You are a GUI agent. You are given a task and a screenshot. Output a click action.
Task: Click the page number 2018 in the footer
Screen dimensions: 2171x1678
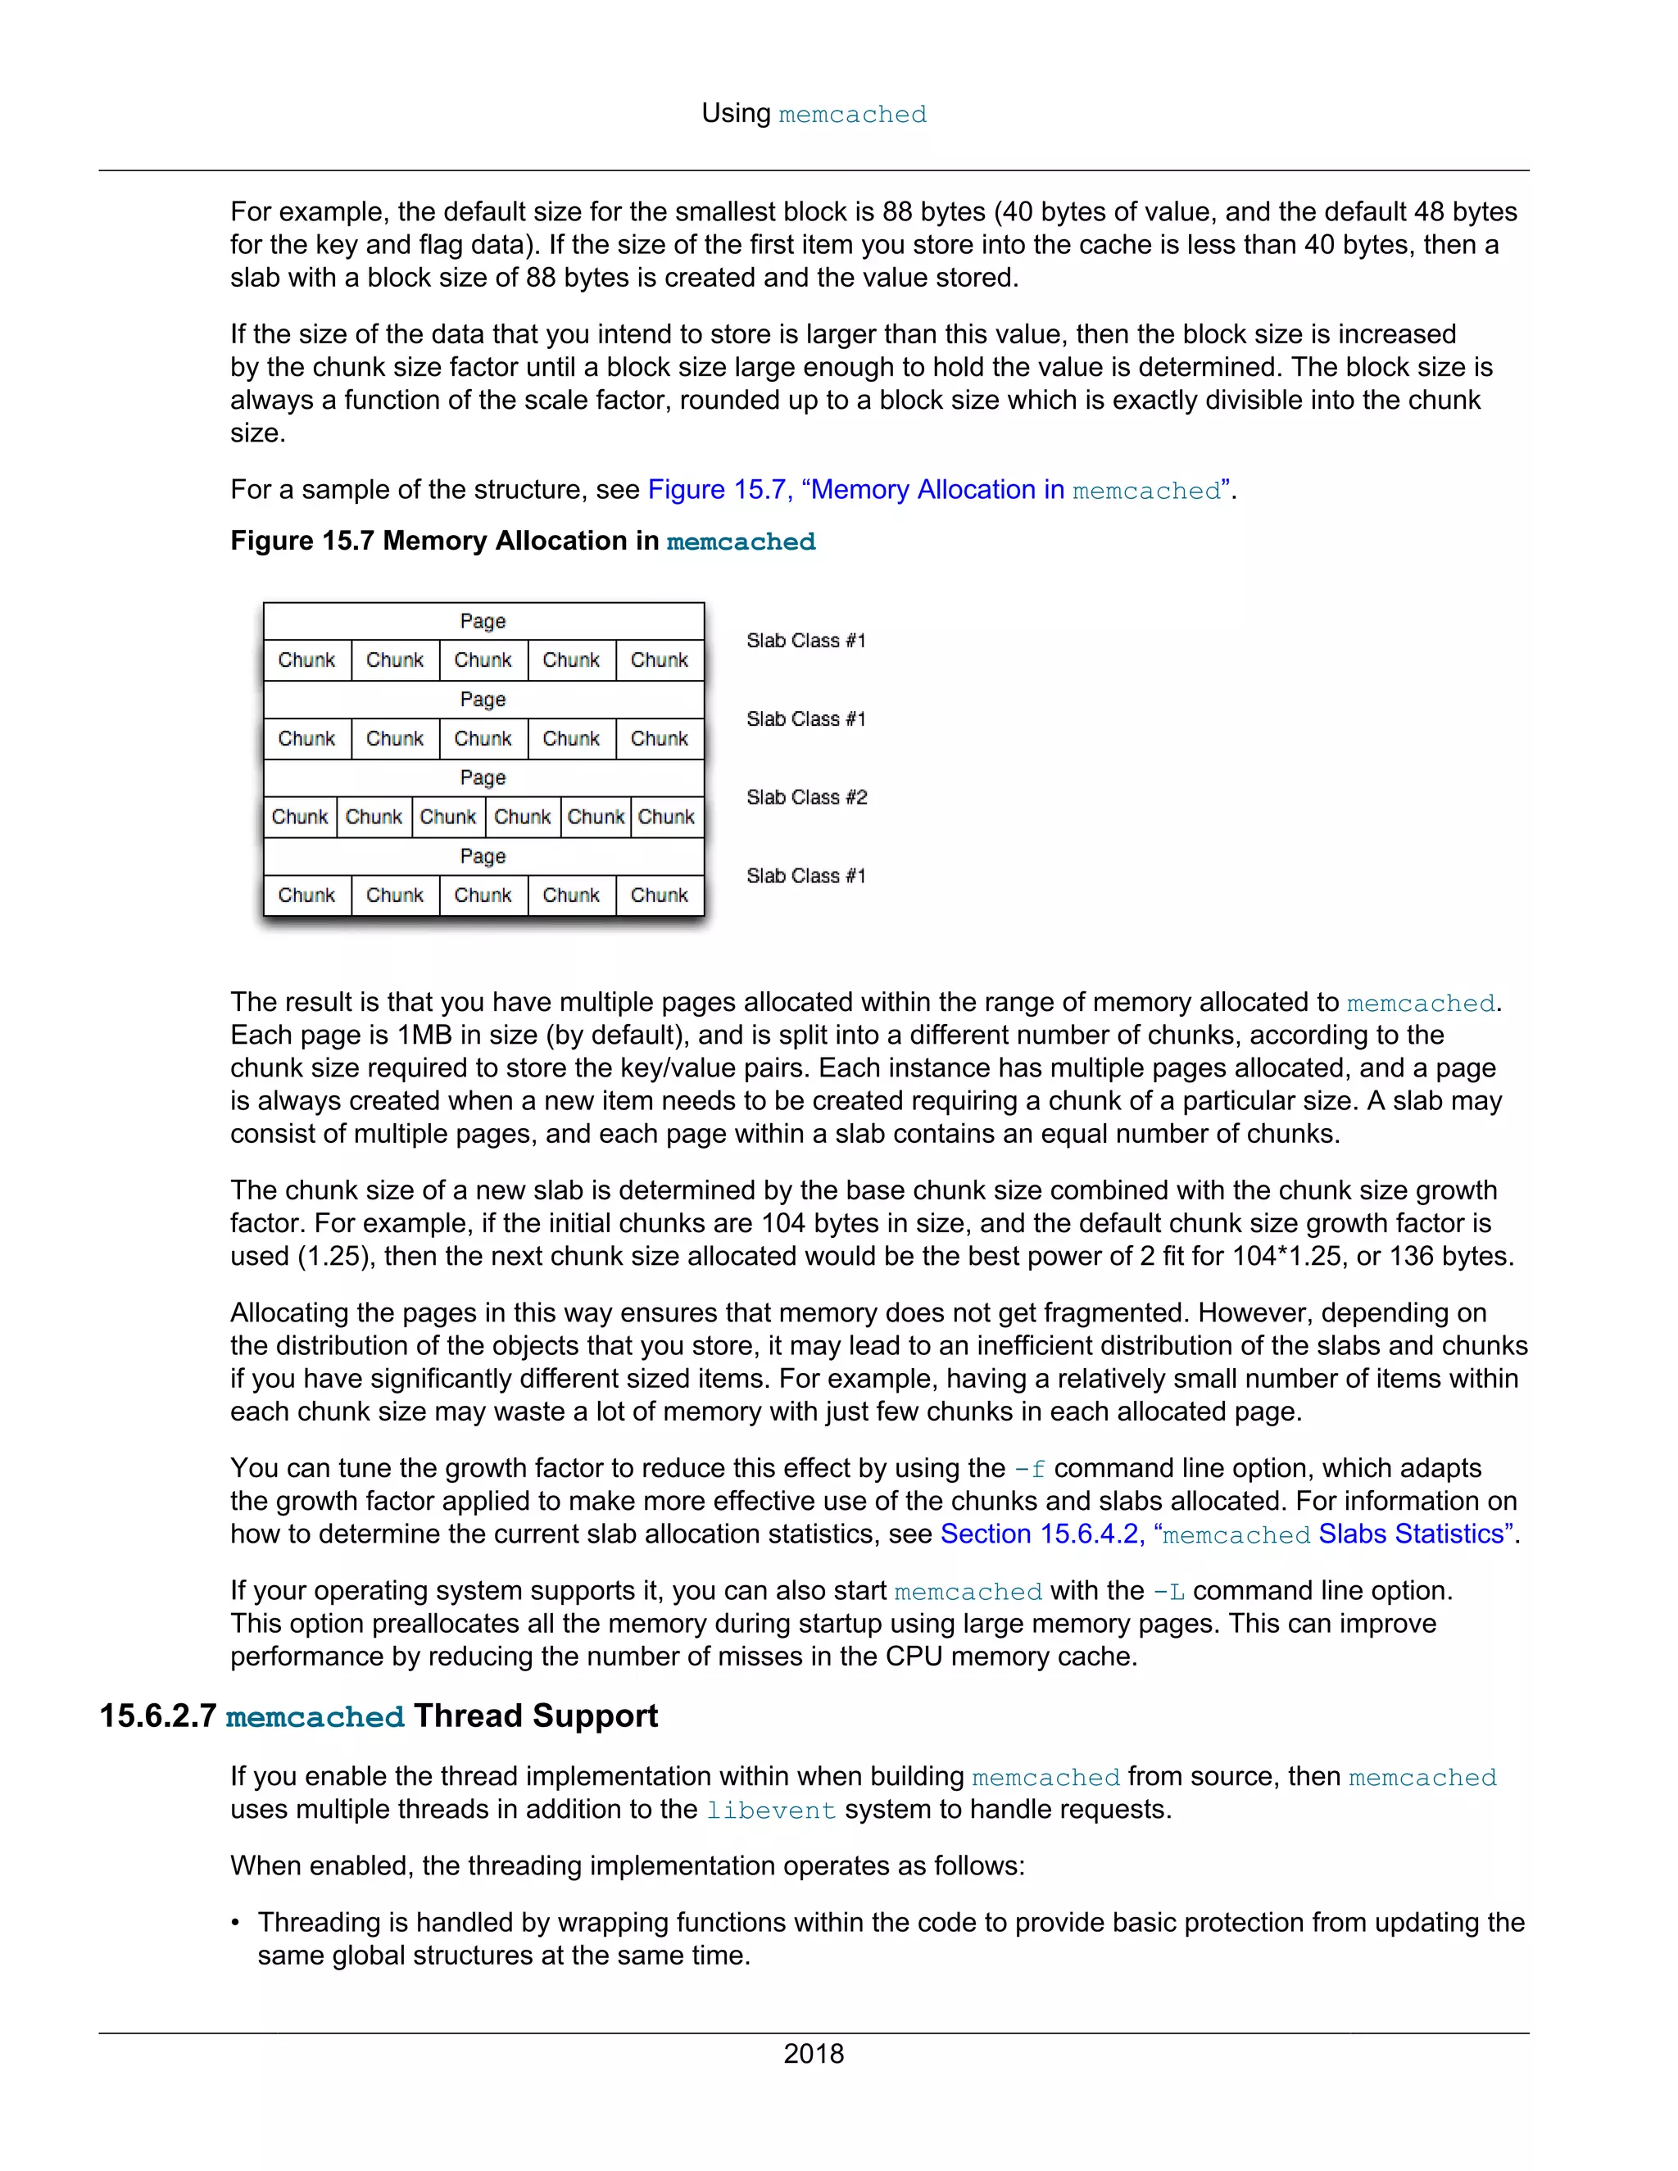[x=813, y=2053]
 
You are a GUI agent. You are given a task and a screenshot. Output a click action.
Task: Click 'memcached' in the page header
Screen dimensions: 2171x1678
[x=852, y=115]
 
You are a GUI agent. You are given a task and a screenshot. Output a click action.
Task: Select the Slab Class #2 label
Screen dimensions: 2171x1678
[x=806, y=797]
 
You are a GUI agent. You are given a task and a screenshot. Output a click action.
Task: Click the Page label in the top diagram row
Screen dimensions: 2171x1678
[x=483, y=621]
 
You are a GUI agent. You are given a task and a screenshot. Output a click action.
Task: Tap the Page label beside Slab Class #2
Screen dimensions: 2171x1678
[x=483, y=778]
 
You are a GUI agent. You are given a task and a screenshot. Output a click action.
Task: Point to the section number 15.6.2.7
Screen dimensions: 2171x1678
[x=157, y=1715]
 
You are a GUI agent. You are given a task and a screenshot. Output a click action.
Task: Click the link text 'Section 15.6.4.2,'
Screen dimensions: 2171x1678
[x=1042, y=1534]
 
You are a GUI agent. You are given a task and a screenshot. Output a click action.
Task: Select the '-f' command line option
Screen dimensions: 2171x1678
[x=1029, y=1469]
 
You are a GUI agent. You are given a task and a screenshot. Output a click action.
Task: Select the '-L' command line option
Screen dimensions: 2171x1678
[x=1168, y=1592]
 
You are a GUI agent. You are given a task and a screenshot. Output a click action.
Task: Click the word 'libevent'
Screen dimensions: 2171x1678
[x=770, y=1811]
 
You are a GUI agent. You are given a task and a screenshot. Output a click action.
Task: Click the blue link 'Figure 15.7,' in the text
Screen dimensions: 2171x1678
[x=719, y=490]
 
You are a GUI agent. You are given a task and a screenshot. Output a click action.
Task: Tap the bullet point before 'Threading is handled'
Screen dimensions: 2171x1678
[x=237, y=1923]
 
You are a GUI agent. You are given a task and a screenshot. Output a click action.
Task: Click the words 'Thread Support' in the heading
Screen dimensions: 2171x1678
[x=536, y=1715]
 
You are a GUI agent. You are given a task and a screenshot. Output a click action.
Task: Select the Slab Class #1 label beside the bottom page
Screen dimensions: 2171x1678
[x=806, y=876]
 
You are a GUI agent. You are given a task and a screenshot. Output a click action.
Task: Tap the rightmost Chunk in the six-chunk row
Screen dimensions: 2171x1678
[x=666, y=817]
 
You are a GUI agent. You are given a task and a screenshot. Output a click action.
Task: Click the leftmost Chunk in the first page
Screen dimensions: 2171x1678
[x=306, y=660]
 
